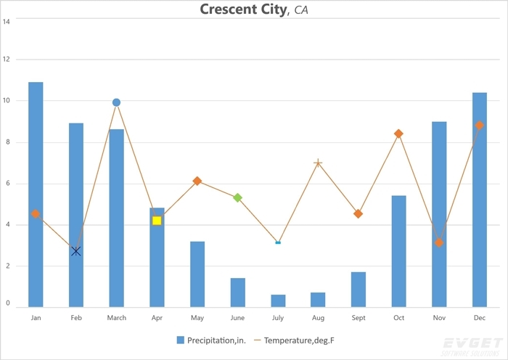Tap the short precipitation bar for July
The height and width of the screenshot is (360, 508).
click(278, 300)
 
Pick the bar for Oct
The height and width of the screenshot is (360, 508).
click(398, 251)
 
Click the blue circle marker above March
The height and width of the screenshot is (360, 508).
click(116, 102)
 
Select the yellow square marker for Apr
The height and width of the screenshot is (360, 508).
click(157, 220)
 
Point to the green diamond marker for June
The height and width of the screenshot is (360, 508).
click(237, 197)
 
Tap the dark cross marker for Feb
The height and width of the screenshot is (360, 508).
click(76, 251)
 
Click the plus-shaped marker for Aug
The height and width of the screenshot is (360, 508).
click(318, 163)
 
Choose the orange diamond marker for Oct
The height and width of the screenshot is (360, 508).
click(398, 134)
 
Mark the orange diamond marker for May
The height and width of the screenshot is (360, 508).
click(197, 181)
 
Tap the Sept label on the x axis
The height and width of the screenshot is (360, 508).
click(359, 318)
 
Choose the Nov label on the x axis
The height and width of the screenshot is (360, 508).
click(439, 318)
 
